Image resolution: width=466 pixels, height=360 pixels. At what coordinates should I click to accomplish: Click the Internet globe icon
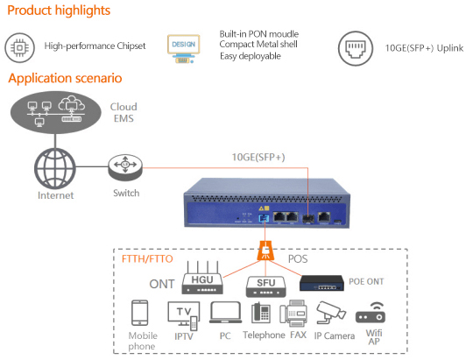coord(55,168)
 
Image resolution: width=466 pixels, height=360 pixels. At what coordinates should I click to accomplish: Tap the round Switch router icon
coord(125,167)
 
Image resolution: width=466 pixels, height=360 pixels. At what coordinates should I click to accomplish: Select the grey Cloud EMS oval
coord(56,113)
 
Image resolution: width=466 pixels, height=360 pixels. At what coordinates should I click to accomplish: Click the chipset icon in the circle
coord(19,47)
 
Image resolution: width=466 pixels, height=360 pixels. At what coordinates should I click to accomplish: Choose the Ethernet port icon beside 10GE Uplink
coord(356,49)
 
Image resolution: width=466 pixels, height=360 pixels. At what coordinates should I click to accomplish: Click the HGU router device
coord(202,278)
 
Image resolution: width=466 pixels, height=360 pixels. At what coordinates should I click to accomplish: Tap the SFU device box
coord(266,286)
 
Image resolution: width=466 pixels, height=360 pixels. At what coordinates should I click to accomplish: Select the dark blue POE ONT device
coord(321,283)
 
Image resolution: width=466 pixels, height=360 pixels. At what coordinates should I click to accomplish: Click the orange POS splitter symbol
coord(265,251)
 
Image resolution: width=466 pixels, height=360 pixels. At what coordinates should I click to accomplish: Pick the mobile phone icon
coord(139,313)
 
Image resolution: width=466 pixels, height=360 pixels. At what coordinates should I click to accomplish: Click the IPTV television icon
coord(184,315)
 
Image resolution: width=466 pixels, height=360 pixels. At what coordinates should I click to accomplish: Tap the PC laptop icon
coord(225,312)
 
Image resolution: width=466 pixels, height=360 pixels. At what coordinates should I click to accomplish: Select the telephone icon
coord(261,313)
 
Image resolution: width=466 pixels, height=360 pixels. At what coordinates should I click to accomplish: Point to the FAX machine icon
coord(293,313)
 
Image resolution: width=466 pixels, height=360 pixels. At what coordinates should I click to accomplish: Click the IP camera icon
coord(331,313)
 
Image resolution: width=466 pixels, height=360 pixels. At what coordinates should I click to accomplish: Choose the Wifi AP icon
coord(371,313)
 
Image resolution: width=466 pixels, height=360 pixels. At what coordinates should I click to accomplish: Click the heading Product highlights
coord(59,11)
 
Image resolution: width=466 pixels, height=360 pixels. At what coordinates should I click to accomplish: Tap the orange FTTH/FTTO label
coord(147,259)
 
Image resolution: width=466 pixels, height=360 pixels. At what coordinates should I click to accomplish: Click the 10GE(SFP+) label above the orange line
coord(258,158)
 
